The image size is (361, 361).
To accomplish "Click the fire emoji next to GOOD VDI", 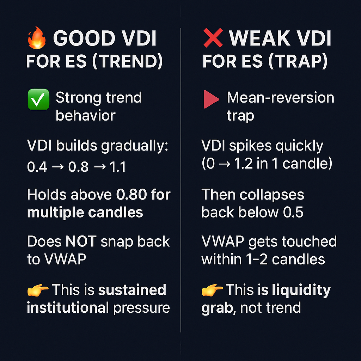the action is click(37, 38).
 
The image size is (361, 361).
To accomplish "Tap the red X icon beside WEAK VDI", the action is click(213, 38).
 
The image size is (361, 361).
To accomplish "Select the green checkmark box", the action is click(38, 99).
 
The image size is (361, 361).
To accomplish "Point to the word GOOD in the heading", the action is click(84, 38).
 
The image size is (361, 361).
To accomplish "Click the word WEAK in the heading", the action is click(259, 38).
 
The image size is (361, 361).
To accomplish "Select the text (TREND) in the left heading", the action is click(127, 61).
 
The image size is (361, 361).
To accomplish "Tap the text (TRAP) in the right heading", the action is click(298, 61).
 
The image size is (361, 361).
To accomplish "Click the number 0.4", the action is click(37, 167).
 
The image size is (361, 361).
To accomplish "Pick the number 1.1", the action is click(118, 167).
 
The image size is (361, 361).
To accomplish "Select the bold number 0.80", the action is click(131, 195).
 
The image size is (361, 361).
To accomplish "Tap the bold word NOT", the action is click(81, 241).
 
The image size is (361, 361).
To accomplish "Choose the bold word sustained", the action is click(132, 290).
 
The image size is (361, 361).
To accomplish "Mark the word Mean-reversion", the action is click(281, 98).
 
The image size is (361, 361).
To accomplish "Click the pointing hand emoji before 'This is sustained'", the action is click(37, 290).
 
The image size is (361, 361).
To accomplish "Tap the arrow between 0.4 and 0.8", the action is click(58, 167).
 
